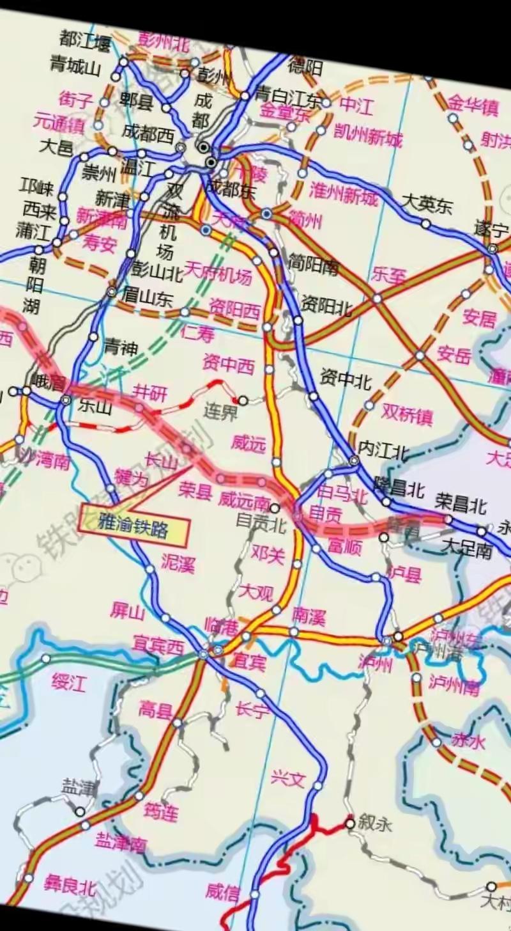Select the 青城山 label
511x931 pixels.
point(75,66)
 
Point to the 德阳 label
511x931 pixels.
point(305,67)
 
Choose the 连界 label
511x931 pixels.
point(220,411)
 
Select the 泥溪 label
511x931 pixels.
point(178,563)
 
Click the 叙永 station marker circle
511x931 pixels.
point(349,824)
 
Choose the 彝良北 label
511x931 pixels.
point(70,886)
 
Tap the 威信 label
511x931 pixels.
point(223,893)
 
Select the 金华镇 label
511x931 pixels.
point(473,104)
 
